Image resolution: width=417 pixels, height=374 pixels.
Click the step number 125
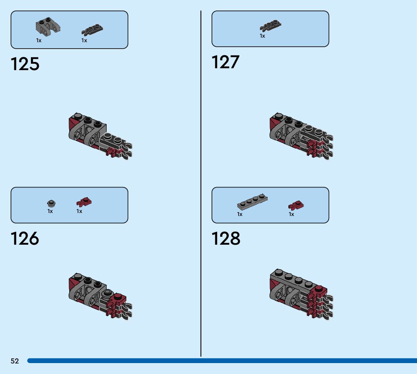[25, 64]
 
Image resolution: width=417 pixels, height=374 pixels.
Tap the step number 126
[25, 239]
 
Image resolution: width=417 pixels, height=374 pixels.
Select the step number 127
[225, 62]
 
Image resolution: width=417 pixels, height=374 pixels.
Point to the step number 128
[226, 239]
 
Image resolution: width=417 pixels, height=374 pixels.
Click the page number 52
[15, 361]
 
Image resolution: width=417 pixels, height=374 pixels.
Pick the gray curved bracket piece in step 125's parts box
[48, 26]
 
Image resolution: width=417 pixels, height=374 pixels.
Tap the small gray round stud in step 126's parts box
[51, 204]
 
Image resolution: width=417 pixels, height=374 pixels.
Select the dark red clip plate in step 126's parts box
[84, 202]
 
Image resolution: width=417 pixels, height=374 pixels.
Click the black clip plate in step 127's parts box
[270, 26]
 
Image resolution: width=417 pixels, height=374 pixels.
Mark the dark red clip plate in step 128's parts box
[296, 205]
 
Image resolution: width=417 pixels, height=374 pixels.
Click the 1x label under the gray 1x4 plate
[240, 214]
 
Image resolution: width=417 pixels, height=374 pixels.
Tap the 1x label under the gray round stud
[50, 212]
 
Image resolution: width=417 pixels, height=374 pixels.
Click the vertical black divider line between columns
[201, 181]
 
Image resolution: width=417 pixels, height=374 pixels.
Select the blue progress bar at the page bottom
[222, 361]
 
